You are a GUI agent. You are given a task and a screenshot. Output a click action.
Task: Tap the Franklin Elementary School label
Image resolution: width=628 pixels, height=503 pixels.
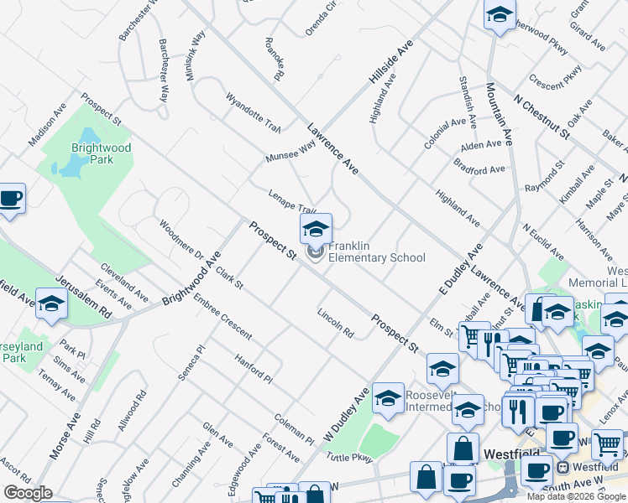click(x=377, y=251)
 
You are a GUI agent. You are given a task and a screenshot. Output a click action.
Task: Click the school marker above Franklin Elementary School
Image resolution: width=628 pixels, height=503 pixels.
click(x=317, y=230)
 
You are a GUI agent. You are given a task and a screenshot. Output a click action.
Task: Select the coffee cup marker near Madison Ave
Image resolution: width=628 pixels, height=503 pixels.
click(x=10, y=200)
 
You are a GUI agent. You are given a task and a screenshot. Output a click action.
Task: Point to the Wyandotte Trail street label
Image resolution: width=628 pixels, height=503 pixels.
click(x=252, y=111)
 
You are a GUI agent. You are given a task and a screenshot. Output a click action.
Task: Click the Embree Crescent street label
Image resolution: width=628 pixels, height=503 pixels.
click(x=222, y=317)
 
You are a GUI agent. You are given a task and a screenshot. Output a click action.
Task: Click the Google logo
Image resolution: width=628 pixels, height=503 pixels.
click(x=28, y=493)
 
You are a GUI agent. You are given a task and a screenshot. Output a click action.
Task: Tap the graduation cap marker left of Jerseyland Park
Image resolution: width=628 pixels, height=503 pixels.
click(x=51, y=305)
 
